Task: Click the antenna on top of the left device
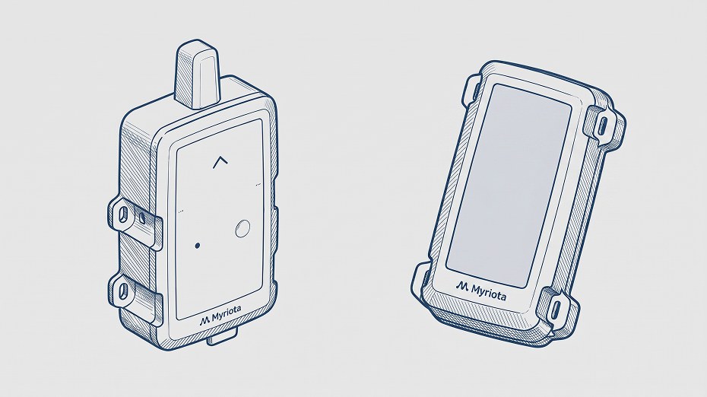click(x=198, y=75)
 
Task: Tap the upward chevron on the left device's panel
click(x=220, y=162)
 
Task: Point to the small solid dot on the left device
click(x=198, y=246)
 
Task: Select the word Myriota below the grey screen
click(x=489, y=291)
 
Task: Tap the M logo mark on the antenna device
click(x=204, y=320)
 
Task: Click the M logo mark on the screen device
click(x=462, y=285)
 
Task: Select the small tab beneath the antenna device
click(x=222, y=338)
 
